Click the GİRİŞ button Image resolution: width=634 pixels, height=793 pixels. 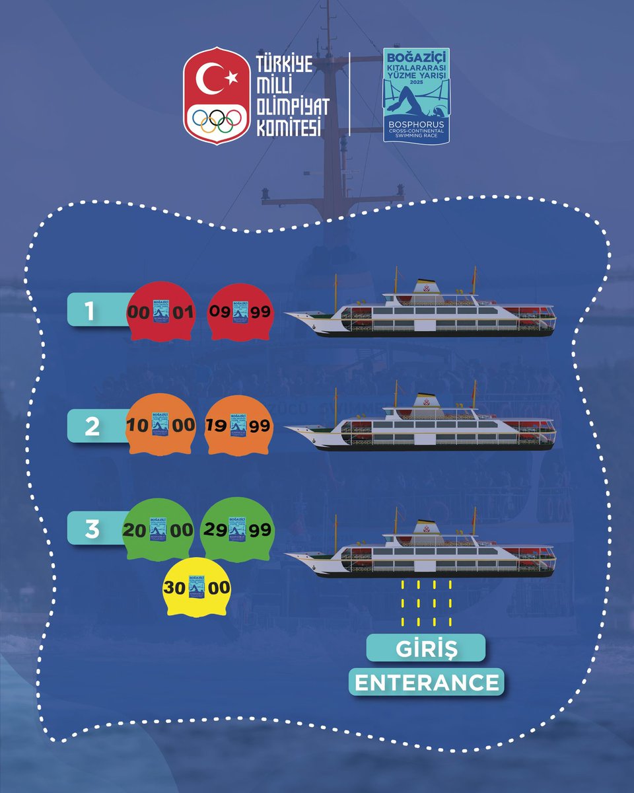click(427, 648)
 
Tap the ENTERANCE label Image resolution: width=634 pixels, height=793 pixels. click(427, 683)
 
